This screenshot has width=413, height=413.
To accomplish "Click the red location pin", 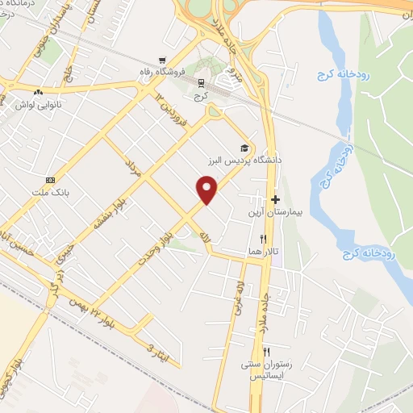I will (x=207, y=189).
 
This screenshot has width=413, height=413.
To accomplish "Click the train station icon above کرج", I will (x=200, y=82).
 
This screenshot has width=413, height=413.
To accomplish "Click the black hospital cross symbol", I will (x=276, y=199).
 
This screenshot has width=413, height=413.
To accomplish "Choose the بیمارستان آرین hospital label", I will (x=276, y=213).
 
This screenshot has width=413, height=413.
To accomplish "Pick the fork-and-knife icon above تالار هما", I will (x=263, y=239).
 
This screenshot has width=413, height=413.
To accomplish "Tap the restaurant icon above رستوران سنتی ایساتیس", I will (x=267, y=352).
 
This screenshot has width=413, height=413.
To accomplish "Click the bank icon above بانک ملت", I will (x=51, y=179).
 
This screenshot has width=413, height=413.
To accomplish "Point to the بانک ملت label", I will (x=52, y=192).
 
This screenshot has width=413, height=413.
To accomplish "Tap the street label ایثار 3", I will (x=150, y=348).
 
